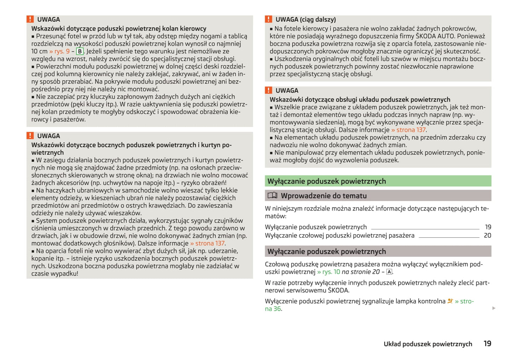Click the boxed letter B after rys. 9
pos(80,51)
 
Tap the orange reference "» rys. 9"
pos(59,51)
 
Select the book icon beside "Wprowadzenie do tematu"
pos(272,195)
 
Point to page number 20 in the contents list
pos(487,235)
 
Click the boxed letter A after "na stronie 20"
pos(389,272)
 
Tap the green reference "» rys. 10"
pos(329,272)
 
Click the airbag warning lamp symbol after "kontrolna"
pos(450,301)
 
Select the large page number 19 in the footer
pos(487,343)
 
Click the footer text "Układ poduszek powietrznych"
pos(428,344)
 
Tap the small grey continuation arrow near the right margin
pos(494,308)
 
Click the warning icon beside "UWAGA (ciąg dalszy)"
pos(269,19)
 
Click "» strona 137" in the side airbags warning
pos(207,243)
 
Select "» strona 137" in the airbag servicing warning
pos(408,130)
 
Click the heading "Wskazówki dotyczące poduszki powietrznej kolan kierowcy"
pos(118,29)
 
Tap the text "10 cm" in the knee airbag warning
pos(39,51)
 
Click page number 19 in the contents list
pos(488,227)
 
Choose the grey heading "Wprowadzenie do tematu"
pos(324,195)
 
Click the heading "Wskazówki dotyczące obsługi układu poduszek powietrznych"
pos(360,100)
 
